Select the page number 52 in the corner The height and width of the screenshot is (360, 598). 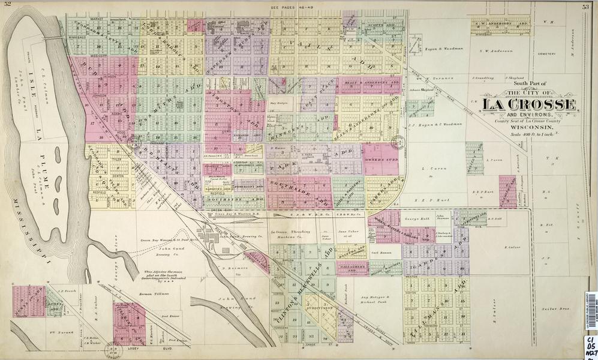tap(8, 5)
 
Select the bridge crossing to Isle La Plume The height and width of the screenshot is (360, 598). tap(55, 38)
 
